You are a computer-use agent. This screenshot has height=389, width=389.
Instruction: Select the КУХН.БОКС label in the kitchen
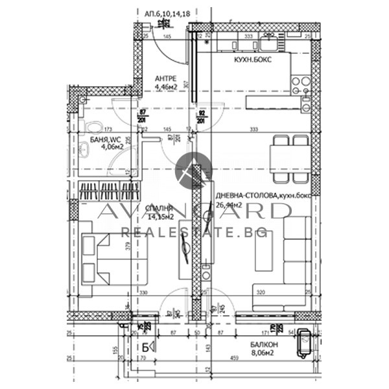pyautogui.click(x=253, y=59)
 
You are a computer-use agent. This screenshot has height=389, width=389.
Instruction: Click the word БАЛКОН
pyautogui.click(x=265, y=346)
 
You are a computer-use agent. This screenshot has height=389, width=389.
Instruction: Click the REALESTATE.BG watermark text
pyautogui.click(x=194, y=231)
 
